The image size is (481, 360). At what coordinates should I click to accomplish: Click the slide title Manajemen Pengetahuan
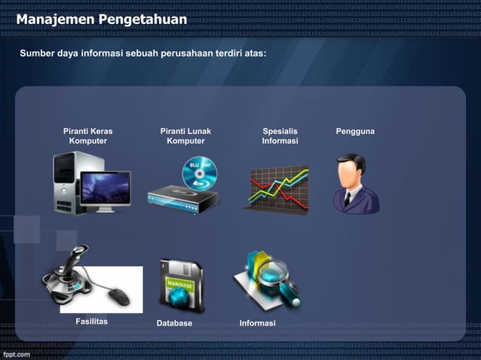(x=101, y=18)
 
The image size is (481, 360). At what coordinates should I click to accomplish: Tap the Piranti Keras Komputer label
(x=87, y=136)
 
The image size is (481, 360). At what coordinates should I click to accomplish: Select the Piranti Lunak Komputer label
(x=185, y=136)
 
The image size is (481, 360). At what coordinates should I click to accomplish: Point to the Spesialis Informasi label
(x=280, y=136)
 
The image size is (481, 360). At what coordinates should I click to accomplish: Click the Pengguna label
(x=355, y=132)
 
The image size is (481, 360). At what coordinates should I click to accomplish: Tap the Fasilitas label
(x=92, y=322)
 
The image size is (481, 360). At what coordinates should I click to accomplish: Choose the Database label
(x=174, y=323)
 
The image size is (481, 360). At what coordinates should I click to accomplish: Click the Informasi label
(x=257, y=323)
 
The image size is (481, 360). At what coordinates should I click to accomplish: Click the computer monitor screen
(x=105, y=188)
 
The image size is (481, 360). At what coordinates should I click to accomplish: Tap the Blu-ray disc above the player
(x=200, y=172)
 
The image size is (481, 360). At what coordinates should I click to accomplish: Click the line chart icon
(x=279, y=188)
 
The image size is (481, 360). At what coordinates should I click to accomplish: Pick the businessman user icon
(x=355, y=185)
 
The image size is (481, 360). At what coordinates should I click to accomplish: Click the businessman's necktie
(x=348, y=198)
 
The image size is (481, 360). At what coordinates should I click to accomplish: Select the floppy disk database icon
(x=180, y=286)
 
